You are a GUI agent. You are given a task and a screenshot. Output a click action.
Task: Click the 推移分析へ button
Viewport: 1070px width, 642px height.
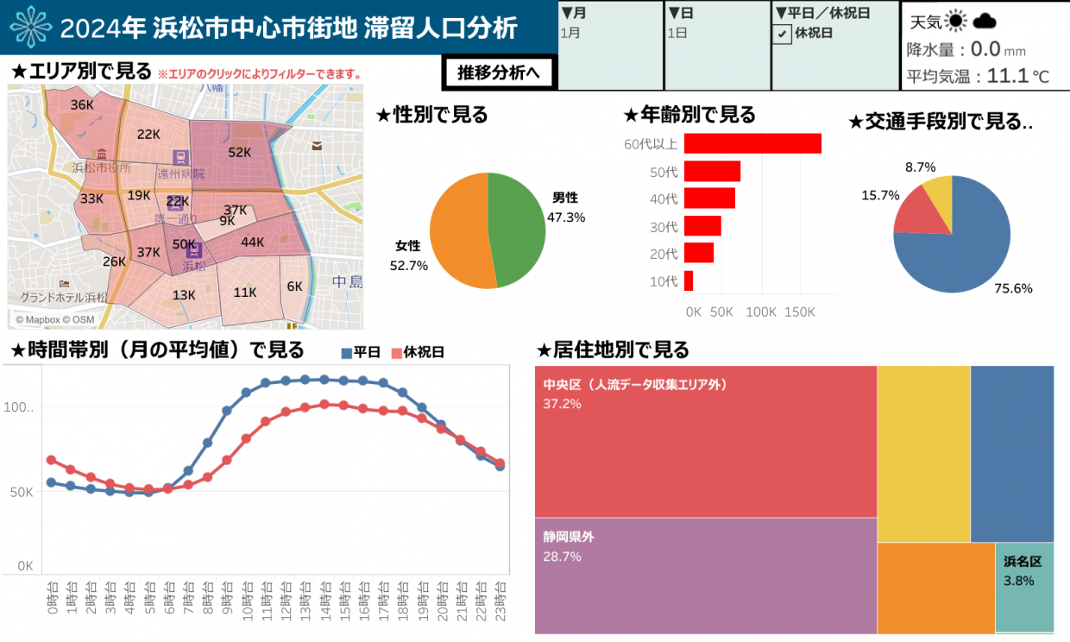[x=499, y=72]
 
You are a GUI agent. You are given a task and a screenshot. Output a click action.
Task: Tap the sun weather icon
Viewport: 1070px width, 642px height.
[x=955, y=22]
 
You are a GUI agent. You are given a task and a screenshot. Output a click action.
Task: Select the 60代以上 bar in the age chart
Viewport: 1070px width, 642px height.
[x=752, y=143]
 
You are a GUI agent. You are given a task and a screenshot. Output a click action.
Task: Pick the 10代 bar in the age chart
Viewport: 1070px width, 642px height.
[x=689, y=281]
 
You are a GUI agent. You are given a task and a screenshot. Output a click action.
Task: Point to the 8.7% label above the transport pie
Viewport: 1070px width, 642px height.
[x=920, y=167]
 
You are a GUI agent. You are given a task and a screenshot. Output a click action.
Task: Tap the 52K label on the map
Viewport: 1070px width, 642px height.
[x=239, y=153]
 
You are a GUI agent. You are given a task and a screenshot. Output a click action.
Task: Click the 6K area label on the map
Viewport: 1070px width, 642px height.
[x=295, y=286]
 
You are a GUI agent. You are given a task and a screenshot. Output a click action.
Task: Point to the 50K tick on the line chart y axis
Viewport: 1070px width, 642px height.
[x=20, y=493]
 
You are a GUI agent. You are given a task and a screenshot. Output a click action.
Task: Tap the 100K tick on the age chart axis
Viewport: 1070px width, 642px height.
[x=761, y=312]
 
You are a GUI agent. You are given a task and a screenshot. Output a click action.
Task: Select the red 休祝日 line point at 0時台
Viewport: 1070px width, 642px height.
[x=51, y=460]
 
